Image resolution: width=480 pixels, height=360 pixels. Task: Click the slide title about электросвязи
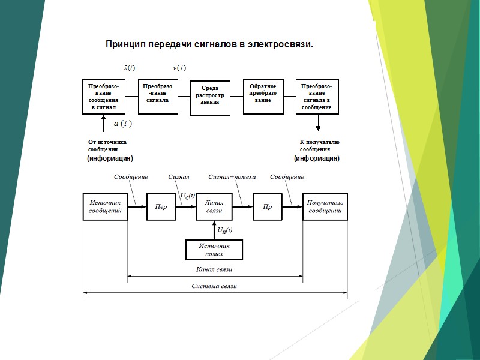pos(209,44)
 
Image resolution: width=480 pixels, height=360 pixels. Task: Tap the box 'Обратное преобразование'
pos(263,95)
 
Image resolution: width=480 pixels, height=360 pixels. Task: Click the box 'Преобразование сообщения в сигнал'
pos(103,97)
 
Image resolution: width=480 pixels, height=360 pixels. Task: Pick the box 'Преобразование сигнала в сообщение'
pos(316,96)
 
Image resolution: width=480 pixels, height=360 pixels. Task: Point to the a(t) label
pos(122,124)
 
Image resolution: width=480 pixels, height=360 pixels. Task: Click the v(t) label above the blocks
pos(179,67)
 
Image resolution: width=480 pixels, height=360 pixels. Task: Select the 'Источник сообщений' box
pos(105,206)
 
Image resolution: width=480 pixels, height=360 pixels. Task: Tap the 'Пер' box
pos(161,207)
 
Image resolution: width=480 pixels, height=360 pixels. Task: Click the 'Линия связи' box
pos(214,206)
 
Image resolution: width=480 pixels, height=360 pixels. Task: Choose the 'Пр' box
pos(268,207)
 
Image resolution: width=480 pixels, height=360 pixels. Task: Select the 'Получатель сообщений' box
pos(325,206)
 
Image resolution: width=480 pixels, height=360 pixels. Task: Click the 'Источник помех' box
pos(214,250)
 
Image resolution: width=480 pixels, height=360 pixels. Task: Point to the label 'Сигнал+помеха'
pos(232,177)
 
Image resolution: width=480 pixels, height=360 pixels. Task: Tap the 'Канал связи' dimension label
pos(214,270)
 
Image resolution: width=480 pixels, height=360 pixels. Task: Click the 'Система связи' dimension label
pos(214,286)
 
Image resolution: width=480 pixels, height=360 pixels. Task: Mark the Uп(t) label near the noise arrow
pos(225,230)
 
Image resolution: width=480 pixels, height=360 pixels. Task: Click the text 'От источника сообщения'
pos(107,145)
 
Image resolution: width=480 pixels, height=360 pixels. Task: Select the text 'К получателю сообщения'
pos(319,145)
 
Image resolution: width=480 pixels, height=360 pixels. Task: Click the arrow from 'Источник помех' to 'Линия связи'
pos(214,230)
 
